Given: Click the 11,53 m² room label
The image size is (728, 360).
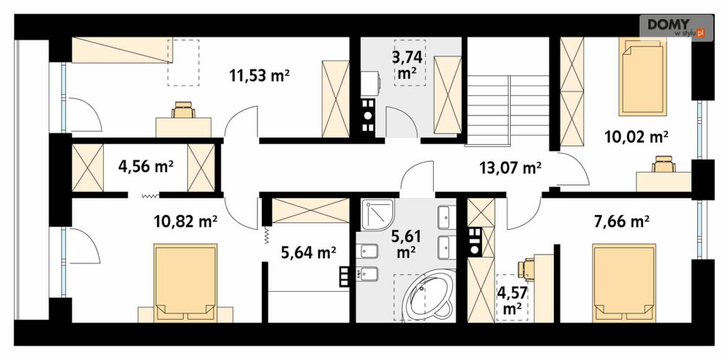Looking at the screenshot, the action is coord(260,75).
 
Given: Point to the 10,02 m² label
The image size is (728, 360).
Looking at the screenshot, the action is coord(637,137).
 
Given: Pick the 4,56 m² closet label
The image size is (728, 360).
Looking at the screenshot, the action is coord(146,166).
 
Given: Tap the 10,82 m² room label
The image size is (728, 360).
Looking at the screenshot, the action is coord(185,222).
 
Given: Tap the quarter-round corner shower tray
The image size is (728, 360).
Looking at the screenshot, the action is coord(377,216).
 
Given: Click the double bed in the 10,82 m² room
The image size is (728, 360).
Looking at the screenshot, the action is coord(186,283).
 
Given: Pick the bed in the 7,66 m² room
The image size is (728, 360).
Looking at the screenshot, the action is coord(624,283).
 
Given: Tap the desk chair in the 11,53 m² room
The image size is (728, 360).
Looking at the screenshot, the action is coord(184,110).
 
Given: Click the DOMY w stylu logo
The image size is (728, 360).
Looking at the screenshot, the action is coord(676,28).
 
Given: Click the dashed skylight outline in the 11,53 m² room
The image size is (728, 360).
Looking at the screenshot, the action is coord(183,63).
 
